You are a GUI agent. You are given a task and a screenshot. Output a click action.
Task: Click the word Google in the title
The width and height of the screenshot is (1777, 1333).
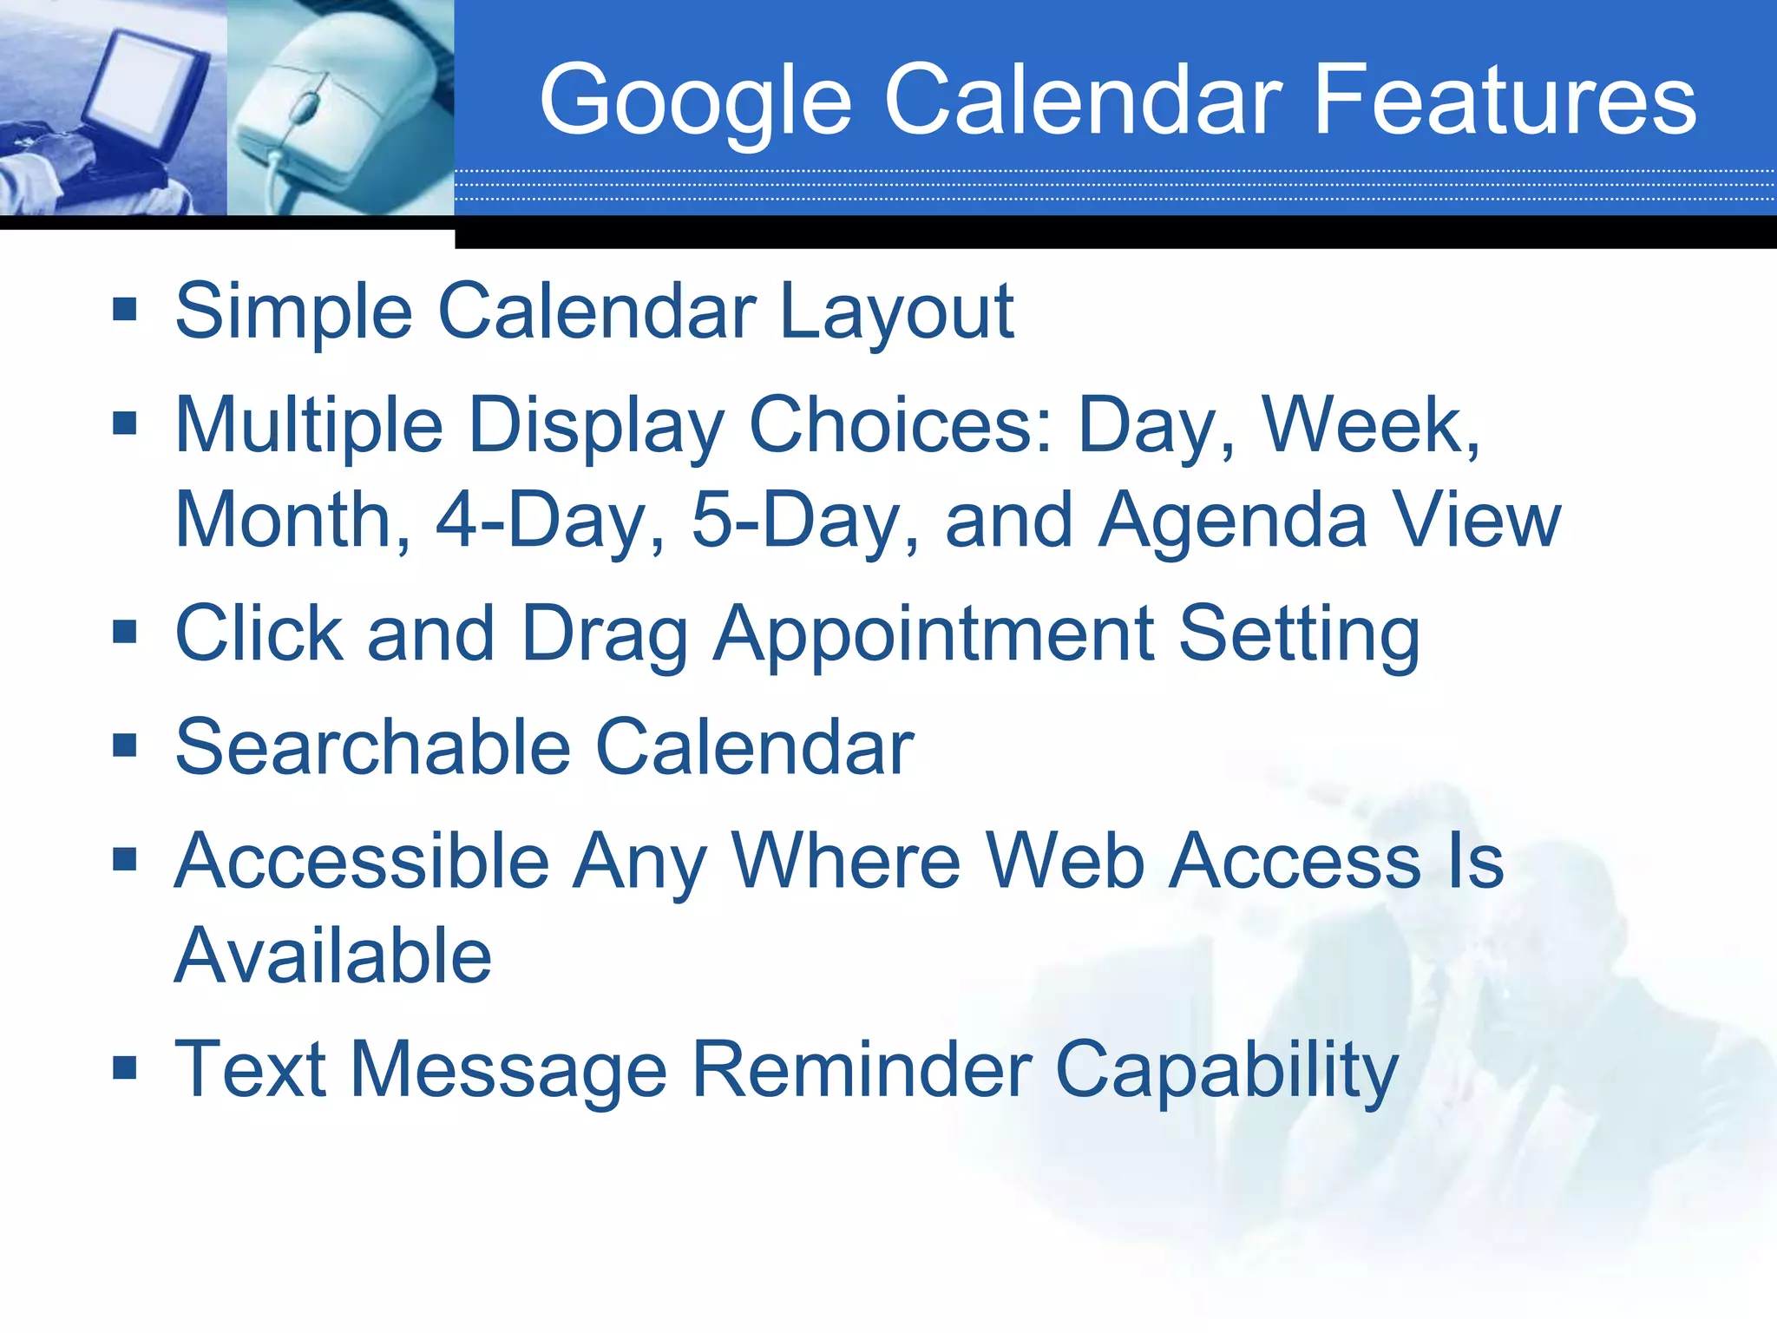coord(694,102)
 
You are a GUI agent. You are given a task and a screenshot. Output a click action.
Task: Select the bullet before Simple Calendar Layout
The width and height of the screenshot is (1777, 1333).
coord(125,309)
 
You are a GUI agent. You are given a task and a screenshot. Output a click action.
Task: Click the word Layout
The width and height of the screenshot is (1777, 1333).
coord(895,312)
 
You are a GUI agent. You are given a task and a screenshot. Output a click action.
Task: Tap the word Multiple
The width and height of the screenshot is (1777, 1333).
coord(309,425)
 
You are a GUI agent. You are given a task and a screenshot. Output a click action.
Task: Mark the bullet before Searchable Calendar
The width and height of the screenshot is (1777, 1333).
coord(125,745)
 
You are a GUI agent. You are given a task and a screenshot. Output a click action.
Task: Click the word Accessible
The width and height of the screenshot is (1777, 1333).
coord(362,861)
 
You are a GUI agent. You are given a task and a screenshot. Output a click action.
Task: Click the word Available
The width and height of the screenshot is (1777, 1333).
coord(333,956)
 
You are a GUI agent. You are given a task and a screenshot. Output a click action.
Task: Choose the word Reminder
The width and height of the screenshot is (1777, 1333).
coord(860,1070)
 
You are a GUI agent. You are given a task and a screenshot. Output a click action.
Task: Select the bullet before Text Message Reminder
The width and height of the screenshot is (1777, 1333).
coord(125,1067)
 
